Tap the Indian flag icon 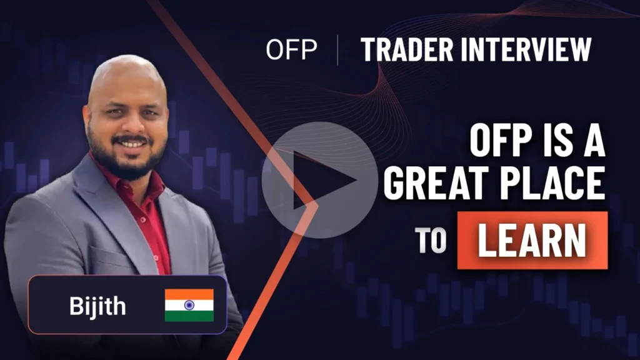[189, 304]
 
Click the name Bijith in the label [97, 306]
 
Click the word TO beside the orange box [431, 242]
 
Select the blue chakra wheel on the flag [189, 305]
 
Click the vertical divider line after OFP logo [337, 50]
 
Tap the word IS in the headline [549, 142]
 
